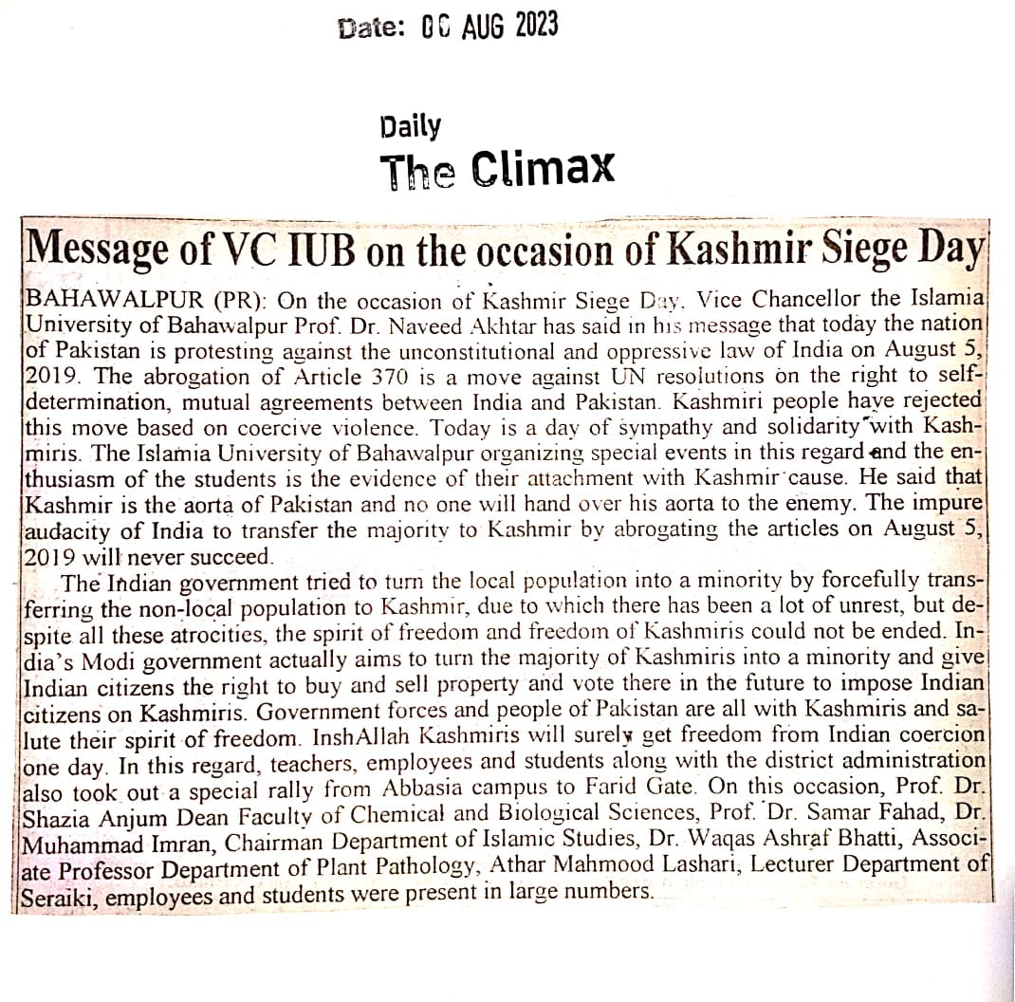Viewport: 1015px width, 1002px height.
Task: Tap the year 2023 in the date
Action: click(536, 26)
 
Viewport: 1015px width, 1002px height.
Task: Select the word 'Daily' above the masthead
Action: click(410, 126)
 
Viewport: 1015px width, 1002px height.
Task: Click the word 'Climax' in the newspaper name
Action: click(543, 169)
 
